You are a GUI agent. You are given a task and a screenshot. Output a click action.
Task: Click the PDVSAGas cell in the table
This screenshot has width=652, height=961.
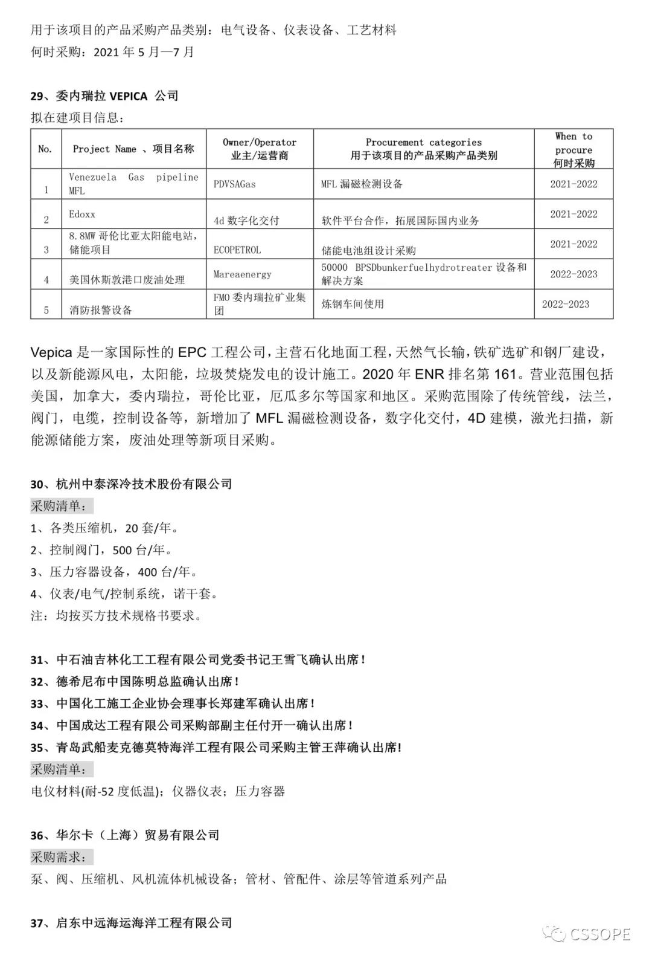coord(235,184)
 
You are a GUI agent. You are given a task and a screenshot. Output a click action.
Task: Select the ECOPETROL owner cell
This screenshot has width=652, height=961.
coord(237,250)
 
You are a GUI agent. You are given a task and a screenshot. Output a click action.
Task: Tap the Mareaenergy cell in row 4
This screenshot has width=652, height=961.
coord(243,274)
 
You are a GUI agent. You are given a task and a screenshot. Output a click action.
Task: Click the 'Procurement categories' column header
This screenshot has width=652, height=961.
coord(424,149)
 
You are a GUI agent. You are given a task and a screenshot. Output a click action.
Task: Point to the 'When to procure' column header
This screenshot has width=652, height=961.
coord(574,149)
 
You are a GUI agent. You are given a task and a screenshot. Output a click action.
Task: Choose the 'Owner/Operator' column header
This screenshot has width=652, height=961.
coord(260,149)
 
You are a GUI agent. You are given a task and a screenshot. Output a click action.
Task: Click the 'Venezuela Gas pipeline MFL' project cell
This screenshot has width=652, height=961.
coord(133,184)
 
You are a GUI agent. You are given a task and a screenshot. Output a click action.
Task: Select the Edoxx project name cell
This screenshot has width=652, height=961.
coord(82,215)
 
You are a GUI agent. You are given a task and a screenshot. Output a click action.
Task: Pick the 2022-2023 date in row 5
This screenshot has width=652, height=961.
coord(566,304)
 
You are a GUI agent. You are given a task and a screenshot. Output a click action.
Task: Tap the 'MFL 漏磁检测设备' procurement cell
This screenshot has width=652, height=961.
coord(362,184)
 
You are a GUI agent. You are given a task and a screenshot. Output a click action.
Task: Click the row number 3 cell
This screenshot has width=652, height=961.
coord(46,250)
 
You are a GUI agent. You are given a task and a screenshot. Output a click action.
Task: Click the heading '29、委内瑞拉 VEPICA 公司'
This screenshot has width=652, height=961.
coord(104,95)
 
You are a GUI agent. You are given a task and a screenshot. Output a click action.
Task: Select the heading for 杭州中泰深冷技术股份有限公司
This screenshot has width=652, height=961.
coord(132,484)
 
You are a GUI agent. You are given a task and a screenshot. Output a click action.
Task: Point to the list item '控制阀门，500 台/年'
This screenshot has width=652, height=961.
coord(101,550)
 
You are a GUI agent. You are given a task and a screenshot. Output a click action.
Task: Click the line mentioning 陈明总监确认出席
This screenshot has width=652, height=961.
coord(135,682)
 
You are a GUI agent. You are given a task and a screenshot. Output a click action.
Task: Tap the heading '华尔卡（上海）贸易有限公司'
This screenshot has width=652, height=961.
coord(125,835)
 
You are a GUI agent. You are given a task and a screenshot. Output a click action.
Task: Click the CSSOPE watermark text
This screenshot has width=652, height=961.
coord(600,935)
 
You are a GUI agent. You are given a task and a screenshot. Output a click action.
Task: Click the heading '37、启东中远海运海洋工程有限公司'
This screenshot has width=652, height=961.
coord(132,923)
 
